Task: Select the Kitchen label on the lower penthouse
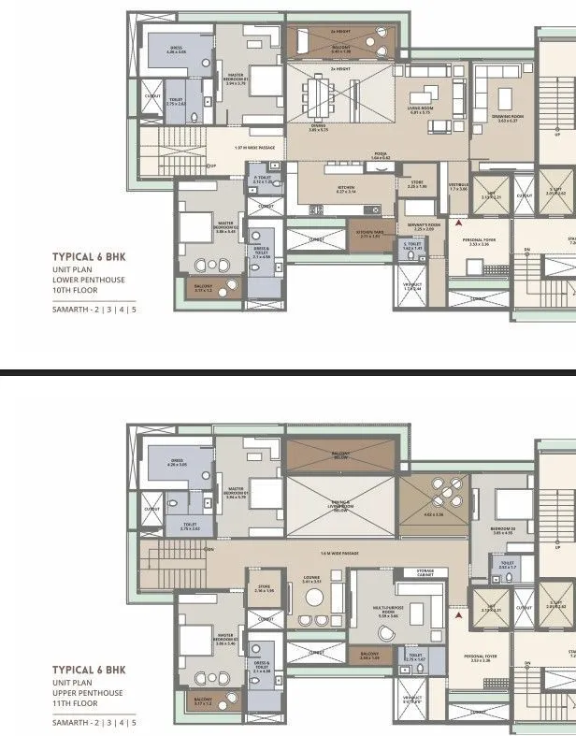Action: [346, 189]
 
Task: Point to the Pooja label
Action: [381, 155]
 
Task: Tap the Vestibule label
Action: [456, 187]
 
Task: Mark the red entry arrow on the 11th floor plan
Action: [457, 615]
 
